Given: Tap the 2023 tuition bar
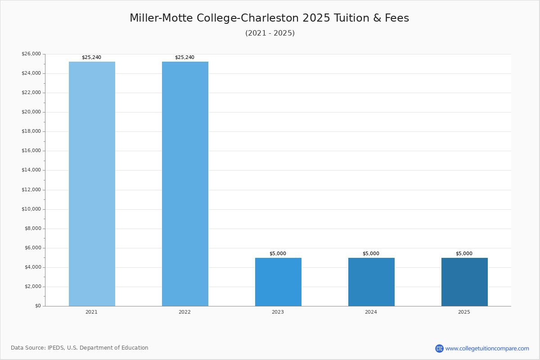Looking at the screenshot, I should tap(278, 282).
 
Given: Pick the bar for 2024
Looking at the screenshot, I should tap(371, 282).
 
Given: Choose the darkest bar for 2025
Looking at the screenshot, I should tap(464, 282).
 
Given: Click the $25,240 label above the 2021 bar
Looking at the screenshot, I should tap(91, 58).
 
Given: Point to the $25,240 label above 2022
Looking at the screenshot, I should tap(184, 58).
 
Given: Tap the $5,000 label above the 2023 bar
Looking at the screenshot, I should tap(278, 254).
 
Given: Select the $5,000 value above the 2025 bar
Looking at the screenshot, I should tap(464, 254).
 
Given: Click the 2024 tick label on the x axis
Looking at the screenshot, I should tap(371, 312).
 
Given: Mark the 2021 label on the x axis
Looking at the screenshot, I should tap(91, 312).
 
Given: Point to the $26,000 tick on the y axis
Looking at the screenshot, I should tap(31, 54).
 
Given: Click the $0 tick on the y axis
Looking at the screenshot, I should tap(38, 306).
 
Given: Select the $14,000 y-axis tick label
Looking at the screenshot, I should tap(31, 170).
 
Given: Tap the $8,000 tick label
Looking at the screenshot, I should tap(33, 229).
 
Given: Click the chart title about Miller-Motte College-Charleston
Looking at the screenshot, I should tap(269, 18).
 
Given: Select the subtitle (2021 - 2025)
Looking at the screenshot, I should tap(270, 33).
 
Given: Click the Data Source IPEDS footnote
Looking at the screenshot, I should tap(80, 348).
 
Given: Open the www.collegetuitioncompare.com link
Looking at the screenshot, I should tap(487, 349).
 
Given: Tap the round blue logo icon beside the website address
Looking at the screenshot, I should tap(439, 349).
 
